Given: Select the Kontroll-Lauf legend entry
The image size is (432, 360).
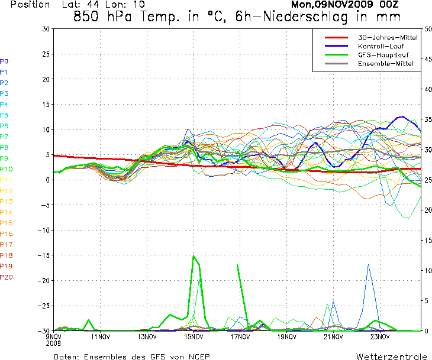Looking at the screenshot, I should pyautogui.click(x=380, y=46).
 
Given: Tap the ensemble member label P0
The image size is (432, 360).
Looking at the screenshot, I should pyautogui.click(x=4, y=61).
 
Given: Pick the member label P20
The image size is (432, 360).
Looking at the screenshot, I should pyautogui.click(x=6, y=277).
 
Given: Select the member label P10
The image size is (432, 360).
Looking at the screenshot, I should pyautogui.click(x=6, y=169).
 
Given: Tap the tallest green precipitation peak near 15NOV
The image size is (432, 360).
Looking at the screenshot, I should pyautogui.click(x=193, y=256).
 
